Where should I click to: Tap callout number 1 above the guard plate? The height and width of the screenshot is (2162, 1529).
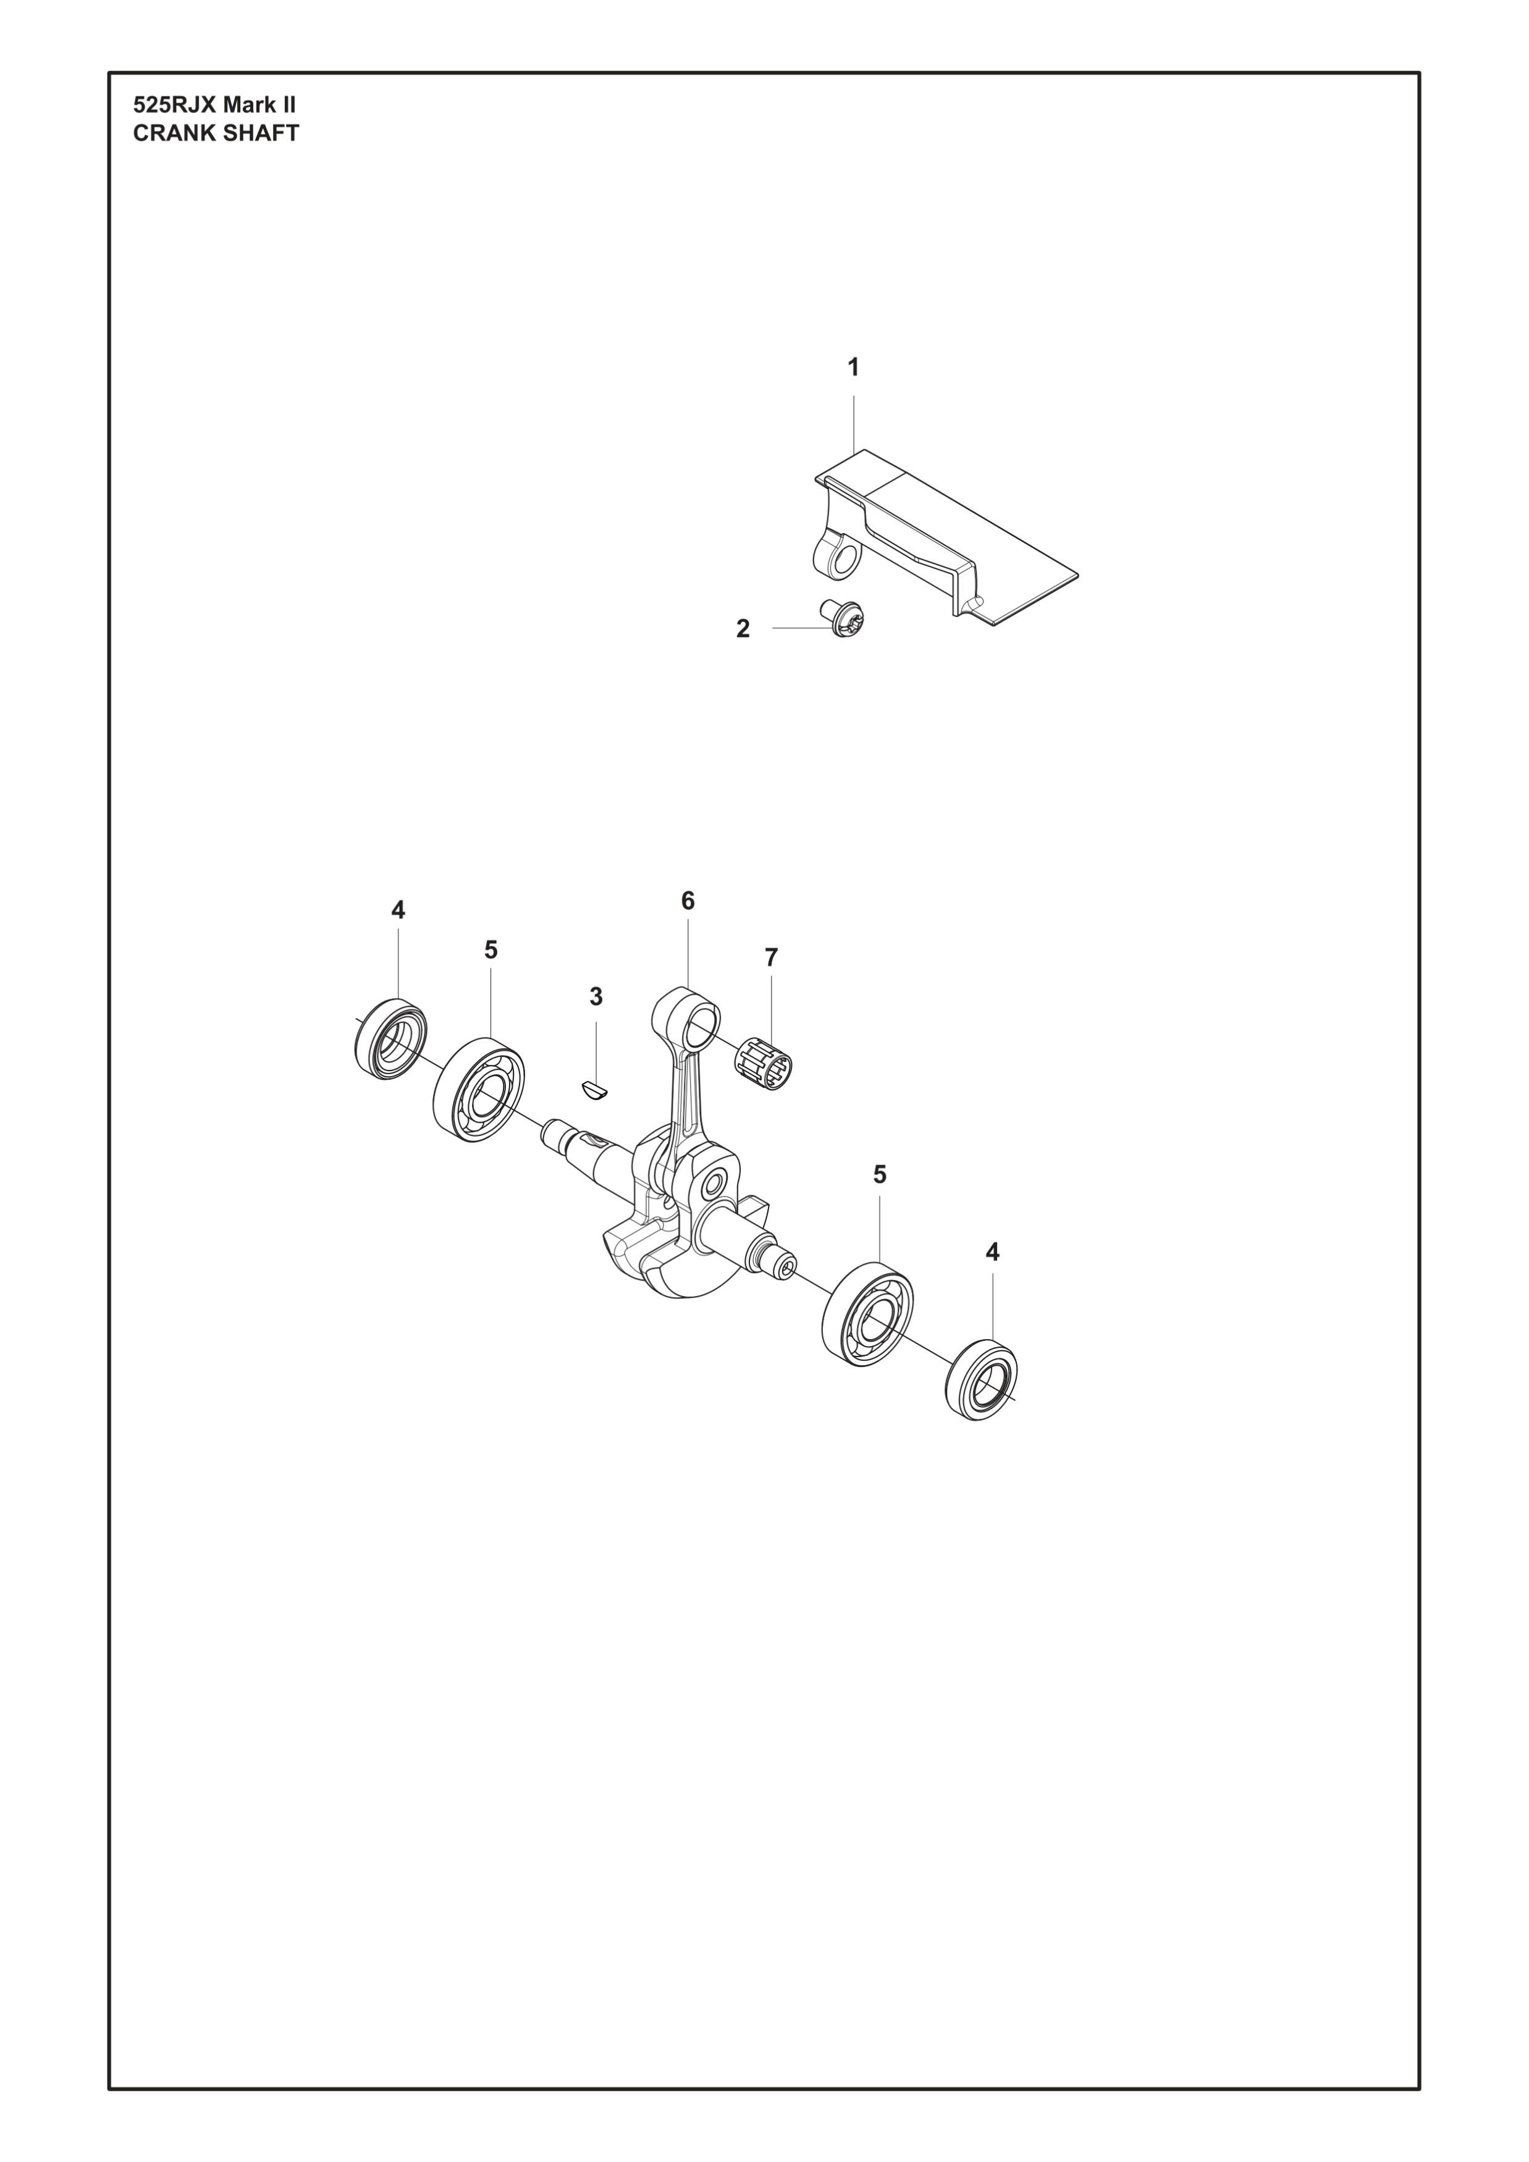[854, 368]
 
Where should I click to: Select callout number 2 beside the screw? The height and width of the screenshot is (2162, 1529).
[743, 629]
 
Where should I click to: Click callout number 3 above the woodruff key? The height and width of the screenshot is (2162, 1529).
[596, 996]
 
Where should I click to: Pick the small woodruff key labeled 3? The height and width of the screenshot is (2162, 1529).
[595, 1090]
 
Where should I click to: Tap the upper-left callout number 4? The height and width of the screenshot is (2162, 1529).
[398, 911]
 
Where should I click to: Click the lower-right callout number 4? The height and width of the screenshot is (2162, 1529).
[992, 1252]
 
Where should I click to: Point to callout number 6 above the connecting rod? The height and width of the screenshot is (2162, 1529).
[688, 901]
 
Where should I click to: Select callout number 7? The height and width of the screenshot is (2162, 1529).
[772, 957]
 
